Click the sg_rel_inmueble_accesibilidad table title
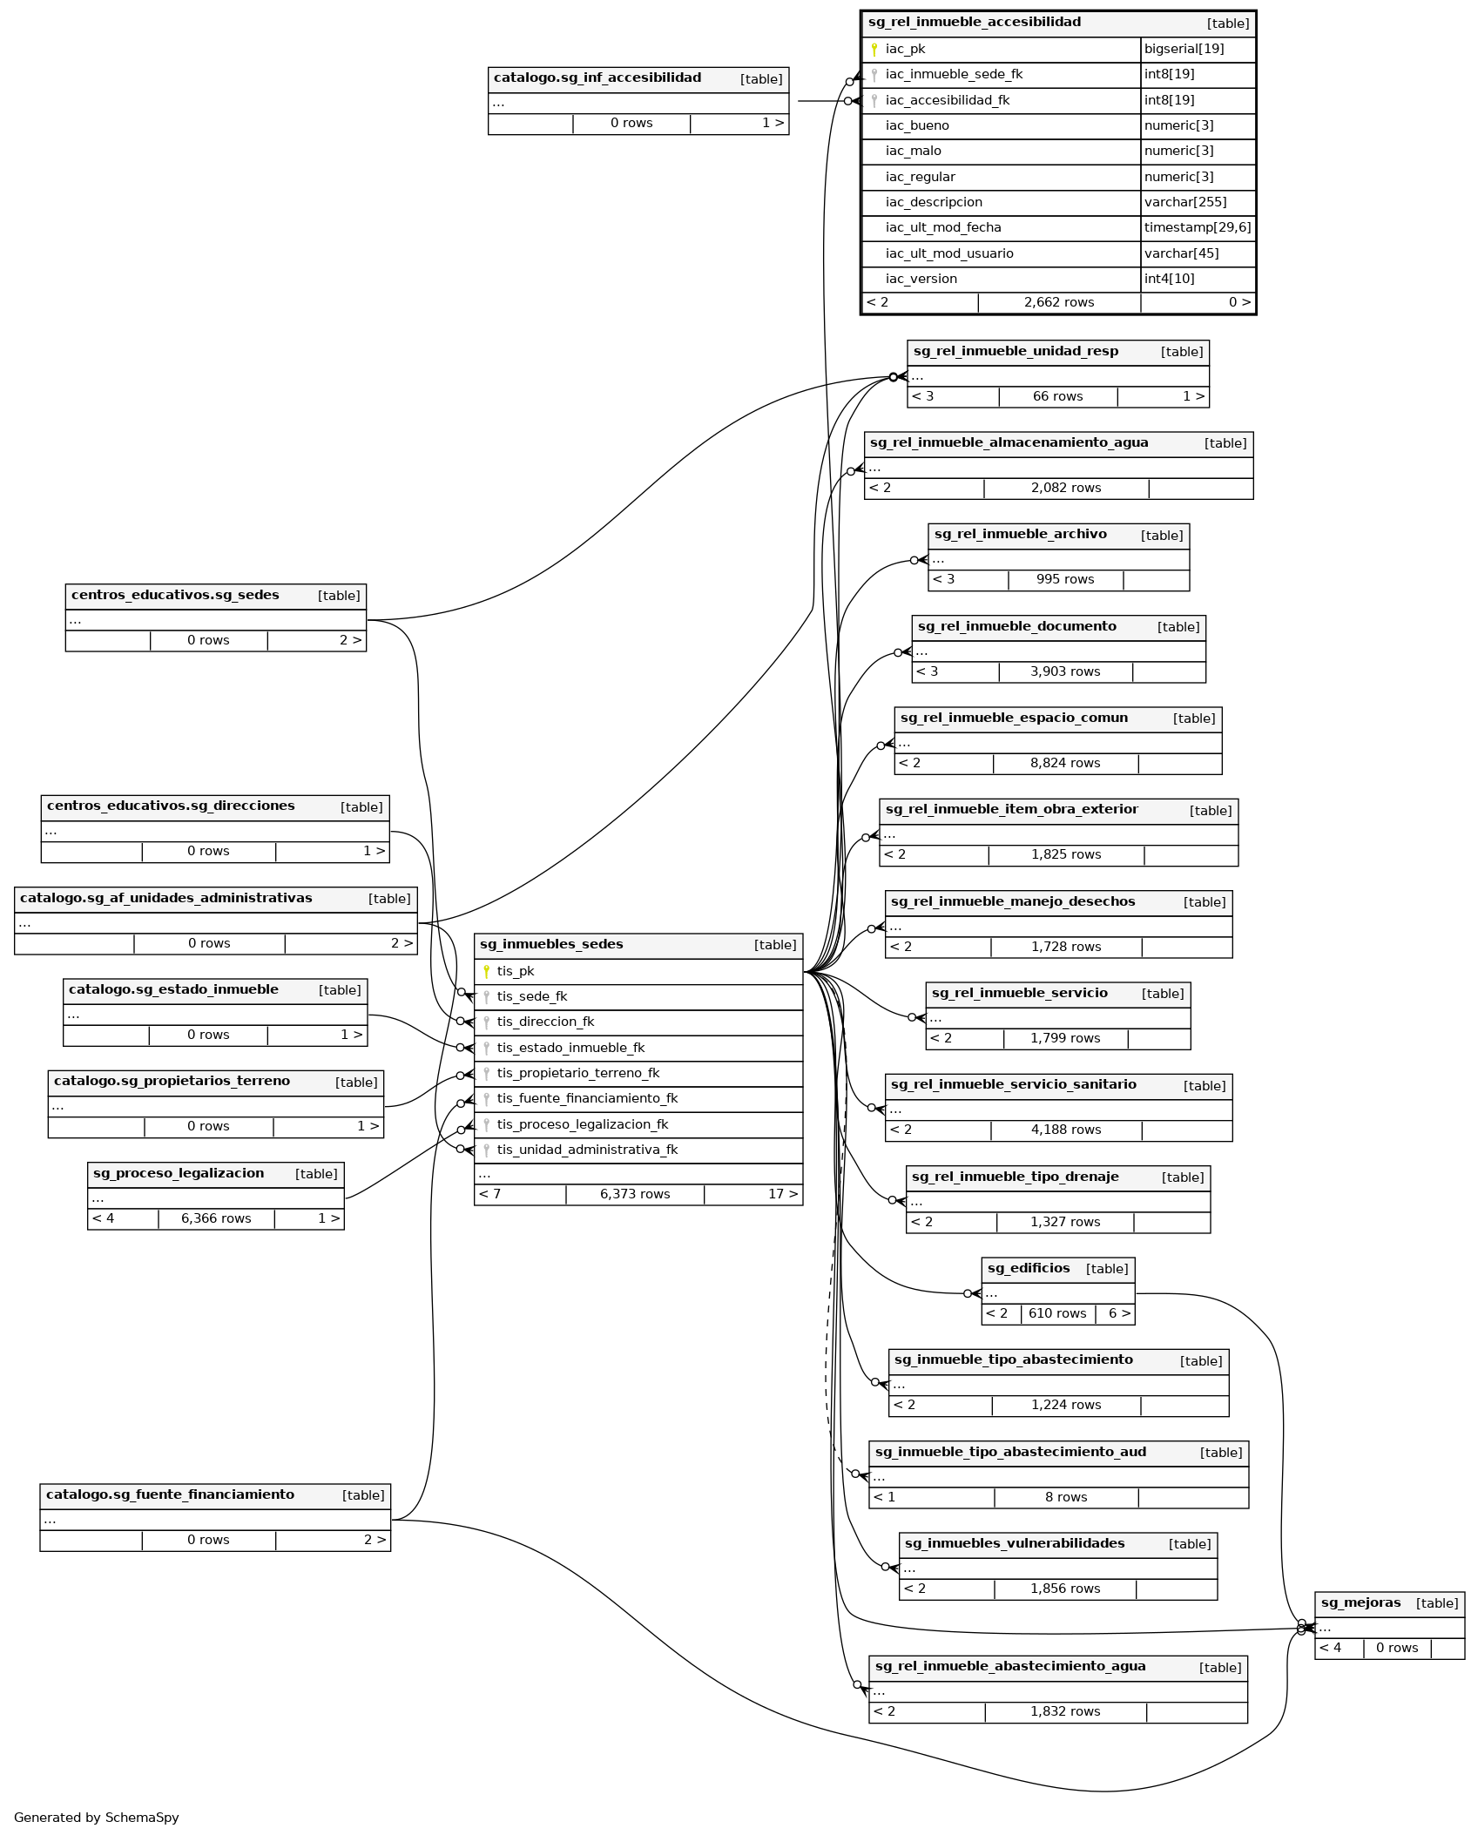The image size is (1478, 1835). pyautogui.click(x=974, y=23)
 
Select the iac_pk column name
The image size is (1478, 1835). pyautogui.click(x=905, y=50)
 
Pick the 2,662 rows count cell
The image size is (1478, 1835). pyautogui.click(x=1058, y=303)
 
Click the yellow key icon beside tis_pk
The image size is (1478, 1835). pyautogui.click(x=486, y=971)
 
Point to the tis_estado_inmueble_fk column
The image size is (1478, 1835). pyautogui.click(x=570, y=1048)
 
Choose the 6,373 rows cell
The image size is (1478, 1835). pyautogui.click(x=634, y=1194)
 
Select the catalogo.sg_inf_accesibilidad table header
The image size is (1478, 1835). pyautogui.click(x=597, y=78)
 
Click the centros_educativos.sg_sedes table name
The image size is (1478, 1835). pyautogui.click(x=175, y=596)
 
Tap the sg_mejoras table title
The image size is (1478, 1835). pyautogui.click(x=1360, y=1602)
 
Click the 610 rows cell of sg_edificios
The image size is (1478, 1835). pyautogui.click(x=1056, y=1313)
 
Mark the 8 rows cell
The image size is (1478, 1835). pyautogui.click(x=1065, y=1497)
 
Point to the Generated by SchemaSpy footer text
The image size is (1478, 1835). pyautogui.click(x=96, y=1818)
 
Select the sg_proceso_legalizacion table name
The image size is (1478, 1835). pyautogui.click(x=179, y=1173)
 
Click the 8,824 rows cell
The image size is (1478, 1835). pyautogui.click(x=1064, y=763)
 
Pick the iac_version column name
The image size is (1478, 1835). pyautogui.click(x=921, y=279)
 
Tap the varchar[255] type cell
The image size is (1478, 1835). pyautogui.click(x=1184, y=202)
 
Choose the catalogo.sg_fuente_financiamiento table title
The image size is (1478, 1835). pyautogui.click(x=170, y=1494)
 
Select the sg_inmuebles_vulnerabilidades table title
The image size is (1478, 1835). pyautogui.click(x=1014, y=1543)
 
